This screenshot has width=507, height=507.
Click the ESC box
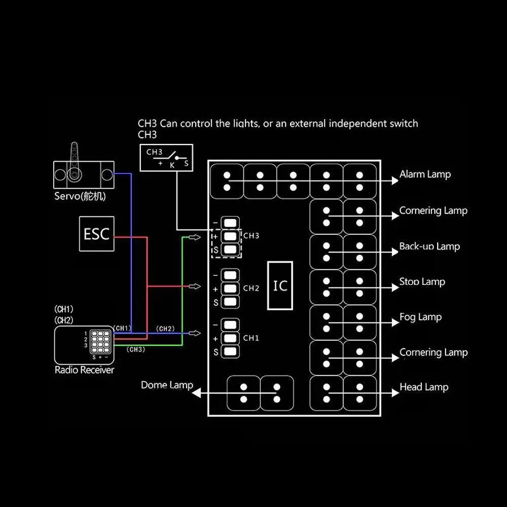tap(97, 234)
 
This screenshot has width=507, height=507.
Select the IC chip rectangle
tap(280, 285)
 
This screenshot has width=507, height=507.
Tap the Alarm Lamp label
tap(425, 174)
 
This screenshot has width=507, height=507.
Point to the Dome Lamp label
tap(167, 385)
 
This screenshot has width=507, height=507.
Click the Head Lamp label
tap(424, 387)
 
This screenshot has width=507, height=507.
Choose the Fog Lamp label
tap(420, 317)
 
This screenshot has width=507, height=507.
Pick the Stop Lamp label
tap(422, 281)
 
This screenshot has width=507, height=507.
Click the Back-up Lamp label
tap(429, 246)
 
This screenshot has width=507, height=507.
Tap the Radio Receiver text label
tap(84, 370)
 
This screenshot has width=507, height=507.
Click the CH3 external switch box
tap(166, 158)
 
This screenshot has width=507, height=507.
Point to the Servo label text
tap(80, 196)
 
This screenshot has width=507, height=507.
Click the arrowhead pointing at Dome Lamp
tap(196, 393)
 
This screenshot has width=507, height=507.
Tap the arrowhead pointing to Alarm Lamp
tap(395, 180)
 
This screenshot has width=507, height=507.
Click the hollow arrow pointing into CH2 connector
tap(194, 286)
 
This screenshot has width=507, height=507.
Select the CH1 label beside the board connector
tap(251, 338)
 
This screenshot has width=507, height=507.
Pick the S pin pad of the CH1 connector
tap(230, 352)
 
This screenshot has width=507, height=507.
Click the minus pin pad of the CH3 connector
tap(230, 223)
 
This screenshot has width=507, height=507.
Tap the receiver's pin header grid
tap(100, 342)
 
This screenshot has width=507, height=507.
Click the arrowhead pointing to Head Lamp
tap(395, 393)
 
